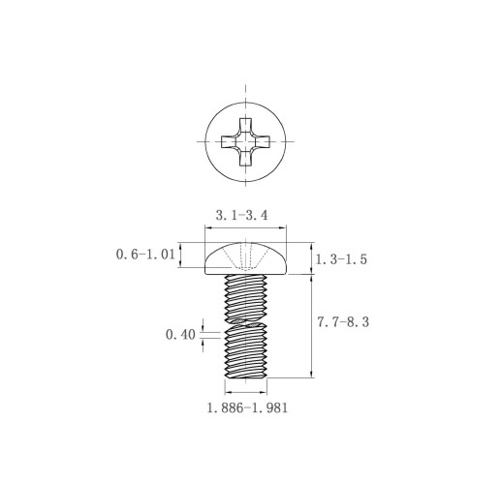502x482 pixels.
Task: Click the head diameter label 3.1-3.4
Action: [241, 215]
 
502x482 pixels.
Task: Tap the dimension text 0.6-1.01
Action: [145, 255]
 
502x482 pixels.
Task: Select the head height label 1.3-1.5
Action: [341, 259]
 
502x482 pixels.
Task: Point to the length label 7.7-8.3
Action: [343, 322]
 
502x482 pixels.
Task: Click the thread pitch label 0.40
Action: [180, 335]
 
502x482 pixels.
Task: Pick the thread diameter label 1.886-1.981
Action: [247, 407]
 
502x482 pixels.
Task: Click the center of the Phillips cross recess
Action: [246, 141]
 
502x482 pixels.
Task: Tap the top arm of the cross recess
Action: [246, 126]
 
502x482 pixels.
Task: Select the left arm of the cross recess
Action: [230, 141]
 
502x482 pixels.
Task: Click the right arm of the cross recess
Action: [263, 141]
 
